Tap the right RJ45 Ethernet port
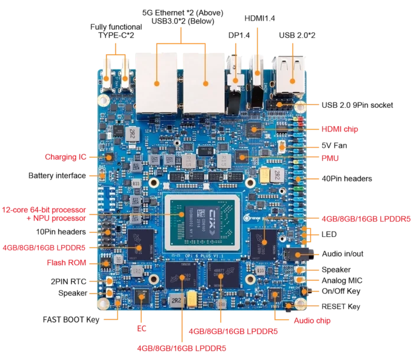pyautogui.click(x=204, y=82)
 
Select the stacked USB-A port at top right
pyautogui.click(x=288, y=75)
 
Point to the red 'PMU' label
pyautogui.click(x=330, y=158)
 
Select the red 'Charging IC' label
pyautogui.click(x=69, y=157)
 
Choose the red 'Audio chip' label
pyautogui.click(x=313, y=321)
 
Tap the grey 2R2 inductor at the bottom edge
pyautogui.click(x=176, y=300)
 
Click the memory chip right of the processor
pyautogui.click(x=263, y=243)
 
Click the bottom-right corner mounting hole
pyautogui.click(x=300, y=305)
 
